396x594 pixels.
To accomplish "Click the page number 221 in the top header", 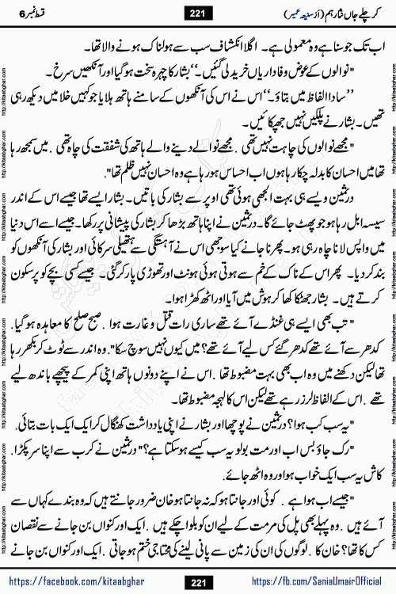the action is [x=197, y=11].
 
